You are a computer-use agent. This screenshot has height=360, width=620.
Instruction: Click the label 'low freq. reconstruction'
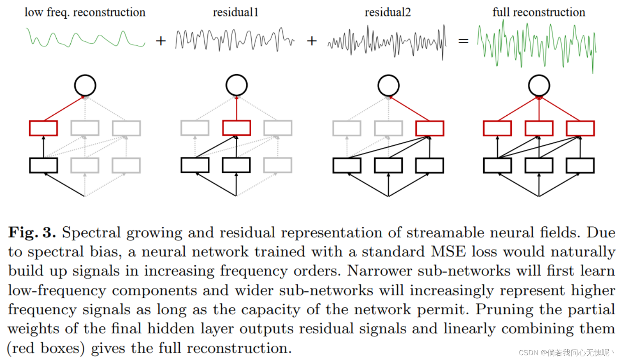tap(85, 13)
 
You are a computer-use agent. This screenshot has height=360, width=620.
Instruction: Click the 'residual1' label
tap(236, 13)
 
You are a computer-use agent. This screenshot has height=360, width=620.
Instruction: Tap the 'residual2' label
tap(388, 13)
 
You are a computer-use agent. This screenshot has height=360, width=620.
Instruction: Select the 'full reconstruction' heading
tap(539, 13)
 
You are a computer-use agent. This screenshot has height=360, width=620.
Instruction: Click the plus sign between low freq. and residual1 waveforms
tap(161, 41)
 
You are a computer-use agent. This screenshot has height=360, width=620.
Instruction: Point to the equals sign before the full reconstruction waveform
tap(463, 41)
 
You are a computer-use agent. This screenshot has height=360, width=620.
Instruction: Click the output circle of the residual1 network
tap(236, 85)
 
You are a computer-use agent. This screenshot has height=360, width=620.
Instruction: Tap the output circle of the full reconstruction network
tap(539, 85)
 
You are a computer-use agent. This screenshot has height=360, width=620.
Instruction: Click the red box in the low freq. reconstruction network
tap(43, 128)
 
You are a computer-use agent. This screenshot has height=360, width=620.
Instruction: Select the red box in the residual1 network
tap(236, 128)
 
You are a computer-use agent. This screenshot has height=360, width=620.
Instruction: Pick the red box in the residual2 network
tap(430, 128)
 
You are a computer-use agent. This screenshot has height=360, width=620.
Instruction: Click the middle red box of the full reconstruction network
tap(539, 128)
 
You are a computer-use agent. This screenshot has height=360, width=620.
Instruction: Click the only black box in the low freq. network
tap(43, 165)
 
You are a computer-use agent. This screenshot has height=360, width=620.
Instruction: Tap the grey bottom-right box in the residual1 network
tap(278, 165)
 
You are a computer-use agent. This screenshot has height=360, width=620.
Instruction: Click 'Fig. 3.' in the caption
tap(32, 233)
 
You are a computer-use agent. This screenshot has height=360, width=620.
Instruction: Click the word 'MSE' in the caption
tap(448, 252)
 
